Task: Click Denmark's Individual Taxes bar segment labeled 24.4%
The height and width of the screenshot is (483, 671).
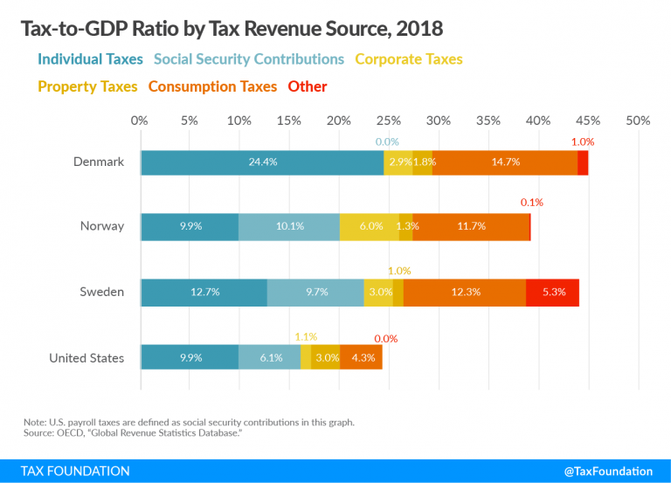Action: (261, 162)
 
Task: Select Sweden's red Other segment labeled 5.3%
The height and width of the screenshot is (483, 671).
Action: (552, 293)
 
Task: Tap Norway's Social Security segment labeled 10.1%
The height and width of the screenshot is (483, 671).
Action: (289, 226)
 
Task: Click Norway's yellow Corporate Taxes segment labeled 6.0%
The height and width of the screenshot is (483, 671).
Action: (370, 226)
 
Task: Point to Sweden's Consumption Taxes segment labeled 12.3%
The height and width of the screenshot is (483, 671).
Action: (465, 293)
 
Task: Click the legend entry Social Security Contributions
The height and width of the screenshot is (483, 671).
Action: (249, 59)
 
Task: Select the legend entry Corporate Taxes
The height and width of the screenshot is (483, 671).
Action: (408, 59)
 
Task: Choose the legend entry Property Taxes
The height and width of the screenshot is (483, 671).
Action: (87, 86)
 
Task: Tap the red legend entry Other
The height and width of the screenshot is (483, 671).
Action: (308, 86)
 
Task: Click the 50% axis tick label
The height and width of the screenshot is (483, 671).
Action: (638, 120)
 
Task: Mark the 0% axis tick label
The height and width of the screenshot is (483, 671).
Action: (140, 120)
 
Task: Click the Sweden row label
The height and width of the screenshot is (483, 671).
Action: (102, 293)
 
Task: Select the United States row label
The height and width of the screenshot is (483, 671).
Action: (86, 357)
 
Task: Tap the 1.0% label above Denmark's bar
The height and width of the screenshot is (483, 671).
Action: (582, 141)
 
